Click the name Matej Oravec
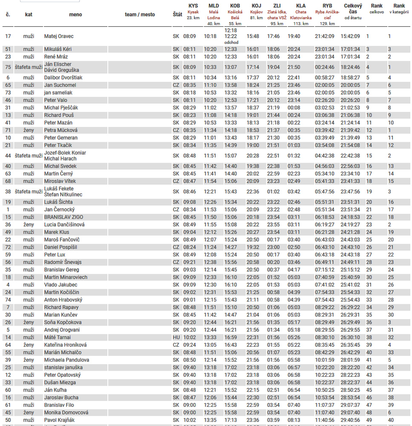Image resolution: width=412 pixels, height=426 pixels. [59, 36]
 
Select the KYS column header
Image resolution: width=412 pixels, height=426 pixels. [193, 6]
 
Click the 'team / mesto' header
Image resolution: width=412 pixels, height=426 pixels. [140, 14]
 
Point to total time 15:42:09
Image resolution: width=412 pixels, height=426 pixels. [350, 36]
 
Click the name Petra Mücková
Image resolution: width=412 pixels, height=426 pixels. [61, 130]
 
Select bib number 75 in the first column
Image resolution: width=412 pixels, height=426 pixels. [8, 67]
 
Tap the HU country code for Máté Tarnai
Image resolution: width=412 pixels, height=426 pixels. [176, 337]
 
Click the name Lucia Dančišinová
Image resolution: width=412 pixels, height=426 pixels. [64, 225]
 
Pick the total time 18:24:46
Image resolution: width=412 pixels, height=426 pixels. [350, 67]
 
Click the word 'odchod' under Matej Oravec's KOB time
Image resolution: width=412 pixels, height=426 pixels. [231, 43]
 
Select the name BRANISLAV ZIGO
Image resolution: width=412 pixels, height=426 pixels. [64, 217]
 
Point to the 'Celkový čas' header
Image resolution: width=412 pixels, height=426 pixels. [353, 9]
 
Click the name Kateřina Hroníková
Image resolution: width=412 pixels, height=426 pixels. [65, 345]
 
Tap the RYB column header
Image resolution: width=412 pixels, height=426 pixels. [327, 6]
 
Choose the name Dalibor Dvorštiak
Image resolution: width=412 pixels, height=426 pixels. [63, 78]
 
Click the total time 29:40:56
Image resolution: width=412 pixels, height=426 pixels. [350, 420]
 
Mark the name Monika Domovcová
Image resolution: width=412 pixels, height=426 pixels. [66, 412]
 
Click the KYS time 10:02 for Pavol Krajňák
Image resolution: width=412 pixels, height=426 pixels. [190, 420]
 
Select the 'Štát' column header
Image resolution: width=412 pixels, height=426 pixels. [177, 14]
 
